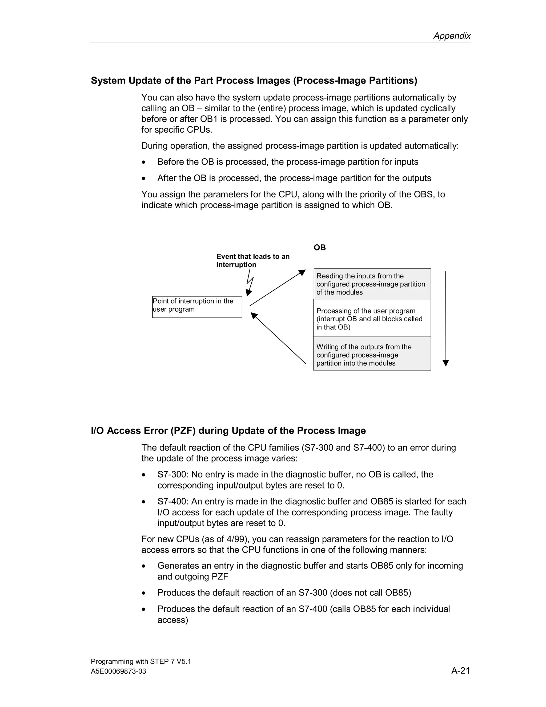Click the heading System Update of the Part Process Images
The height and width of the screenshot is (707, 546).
point(254,80)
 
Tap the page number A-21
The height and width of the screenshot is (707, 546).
point(460,670)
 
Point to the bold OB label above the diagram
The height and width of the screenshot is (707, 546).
point(320,248)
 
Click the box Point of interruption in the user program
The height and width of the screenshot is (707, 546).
point(197,307)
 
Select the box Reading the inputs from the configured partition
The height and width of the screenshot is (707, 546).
point(372,284)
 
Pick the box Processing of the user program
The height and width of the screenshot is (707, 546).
point(372,319)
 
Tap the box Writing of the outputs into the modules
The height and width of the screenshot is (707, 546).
point(372,355)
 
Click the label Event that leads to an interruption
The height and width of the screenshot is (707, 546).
point(253,261)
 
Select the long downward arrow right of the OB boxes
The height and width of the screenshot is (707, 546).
point(445,319)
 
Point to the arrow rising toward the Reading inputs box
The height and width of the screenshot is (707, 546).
point(278,288)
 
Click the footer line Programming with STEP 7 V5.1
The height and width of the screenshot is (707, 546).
point(141,661)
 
